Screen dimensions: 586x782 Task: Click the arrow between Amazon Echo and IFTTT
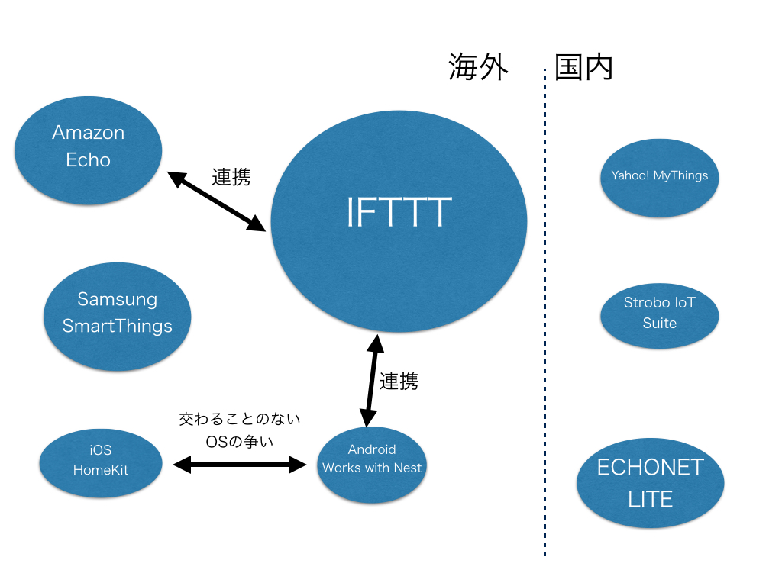[217, 201]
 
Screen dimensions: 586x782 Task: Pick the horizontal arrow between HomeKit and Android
[239, 464]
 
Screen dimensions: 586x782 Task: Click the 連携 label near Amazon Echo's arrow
[231, 177]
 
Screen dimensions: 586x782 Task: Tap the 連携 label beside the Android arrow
[399, 381]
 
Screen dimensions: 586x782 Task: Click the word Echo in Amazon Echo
[89, 160]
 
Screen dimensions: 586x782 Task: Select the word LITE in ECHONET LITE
[650, 500]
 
